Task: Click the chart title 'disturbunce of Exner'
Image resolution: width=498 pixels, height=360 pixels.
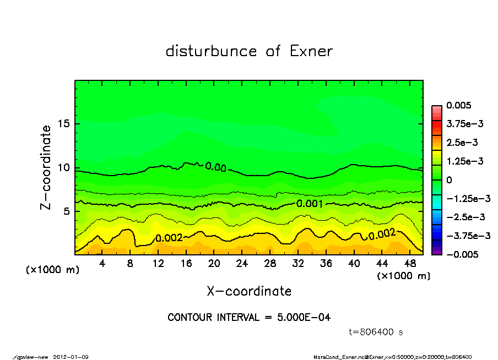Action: [x=249, y=51]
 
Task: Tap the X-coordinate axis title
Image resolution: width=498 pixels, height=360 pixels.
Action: [x=249, y=291]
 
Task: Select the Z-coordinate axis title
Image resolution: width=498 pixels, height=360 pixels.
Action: [x=46, y=167]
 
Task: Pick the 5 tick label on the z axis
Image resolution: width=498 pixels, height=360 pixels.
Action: [x=66, y=211]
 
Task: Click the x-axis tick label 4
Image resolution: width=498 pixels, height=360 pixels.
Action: [x=102, y=264]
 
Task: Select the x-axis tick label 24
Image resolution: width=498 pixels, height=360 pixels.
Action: [x=242, y=264]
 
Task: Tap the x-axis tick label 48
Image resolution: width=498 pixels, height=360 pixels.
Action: [x=409, y=264]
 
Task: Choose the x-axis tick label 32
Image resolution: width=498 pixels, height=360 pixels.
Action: [x=298, y=264]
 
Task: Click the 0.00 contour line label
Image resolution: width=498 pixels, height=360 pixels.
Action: [x=215, y=167]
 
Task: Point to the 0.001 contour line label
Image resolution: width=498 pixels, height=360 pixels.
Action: [x=310, y=203]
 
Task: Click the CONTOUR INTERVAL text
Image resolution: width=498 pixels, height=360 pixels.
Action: [x=249, y=318]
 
